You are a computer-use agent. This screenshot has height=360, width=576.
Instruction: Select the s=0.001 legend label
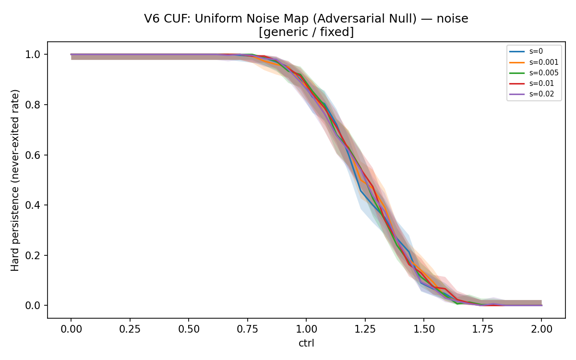[534, 62]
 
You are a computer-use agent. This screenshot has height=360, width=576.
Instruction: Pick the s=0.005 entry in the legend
[534, 73]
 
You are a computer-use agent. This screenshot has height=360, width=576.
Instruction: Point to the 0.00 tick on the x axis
[71, 329]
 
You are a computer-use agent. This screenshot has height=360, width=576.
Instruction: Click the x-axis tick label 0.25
[130, 329]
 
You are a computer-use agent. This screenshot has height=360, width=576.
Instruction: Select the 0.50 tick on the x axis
[189, 329]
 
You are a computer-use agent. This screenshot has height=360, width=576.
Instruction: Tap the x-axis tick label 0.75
[247, 329]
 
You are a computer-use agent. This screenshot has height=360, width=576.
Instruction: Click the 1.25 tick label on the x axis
[365, 329]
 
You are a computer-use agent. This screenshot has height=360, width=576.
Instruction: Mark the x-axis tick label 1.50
[424, 329]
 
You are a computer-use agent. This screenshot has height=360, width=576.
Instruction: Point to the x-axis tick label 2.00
[541, 329]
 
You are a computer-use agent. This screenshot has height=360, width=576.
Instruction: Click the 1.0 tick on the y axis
[33, 55]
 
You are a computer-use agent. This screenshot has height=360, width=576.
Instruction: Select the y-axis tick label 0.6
[33, 155]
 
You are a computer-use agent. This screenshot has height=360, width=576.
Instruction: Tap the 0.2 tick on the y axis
[33, 255]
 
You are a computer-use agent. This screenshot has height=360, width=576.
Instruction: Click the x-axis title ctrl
[306, 343]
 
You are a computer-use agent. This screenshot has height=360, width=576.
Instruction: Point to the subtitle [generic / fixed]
[306, 32]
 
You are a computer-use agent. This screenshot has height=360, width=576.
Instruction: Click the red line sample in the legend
[517, 84]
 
